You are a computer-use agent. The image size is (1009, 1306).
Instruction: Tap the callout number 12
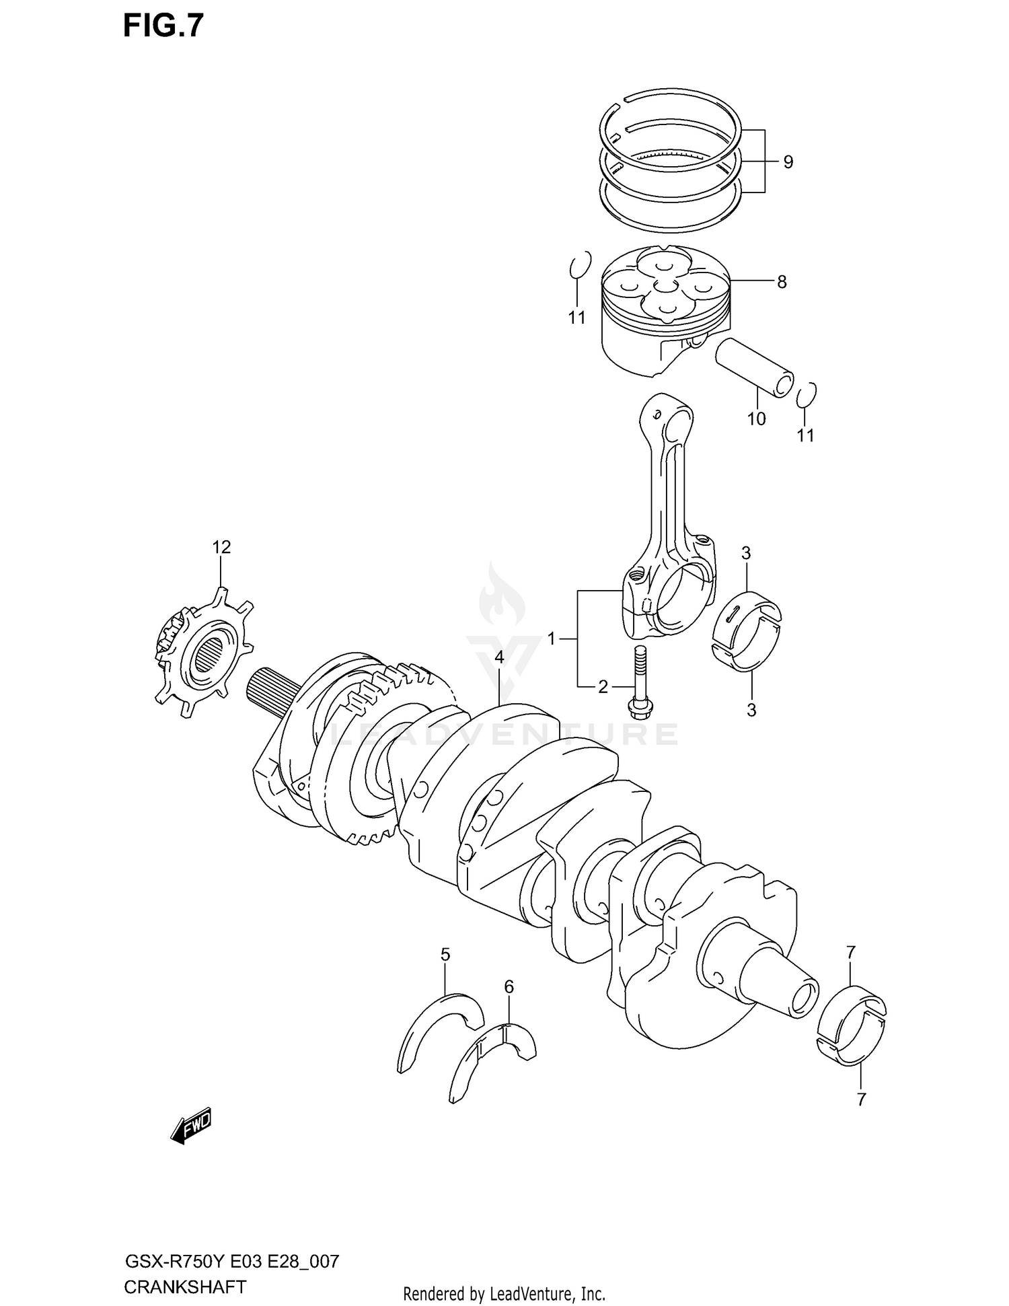coord(221,547)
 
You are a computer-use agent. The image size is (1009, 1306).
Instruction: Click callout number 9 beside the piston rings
coord(788,161)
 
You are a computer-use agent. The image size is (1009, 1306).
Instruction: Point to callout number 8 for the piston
coord(782,282)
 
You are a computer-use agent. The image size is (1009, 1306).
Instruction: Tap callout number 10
coord(756,419)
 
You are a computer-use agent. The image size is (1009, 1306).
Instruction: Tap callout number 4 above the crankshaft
coord(498,657)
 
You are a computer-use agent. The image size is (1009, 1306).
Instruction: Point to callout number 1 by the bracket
coord(552,639)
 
